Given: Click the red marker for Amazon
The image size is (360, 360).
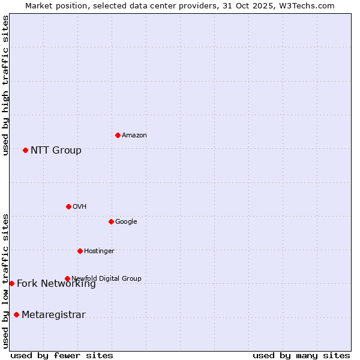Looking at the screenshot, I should [x=118, y=135].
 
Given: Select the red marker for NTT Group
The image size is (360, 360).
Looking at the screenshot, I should [x=25, y=150].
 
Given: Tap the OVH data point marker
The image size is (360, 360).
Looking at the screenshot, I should [x=68, y=206].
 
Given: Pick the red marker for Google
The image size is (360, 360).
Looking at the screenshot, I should [x=111, y=221].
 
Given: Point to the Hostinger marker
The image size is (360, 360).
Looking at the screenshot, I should [x=80, y=251].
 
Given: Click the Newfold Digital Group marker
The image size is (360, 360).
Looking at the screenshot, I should [x=67, y=278].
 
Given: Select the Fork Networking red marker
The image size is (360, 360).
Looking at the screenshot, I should [x=11, y=283].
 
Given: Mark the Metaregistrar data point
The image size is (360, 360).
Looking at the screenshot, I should [x=16, y=314].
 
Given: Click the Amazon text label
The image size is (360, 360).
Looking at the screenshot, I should [x=134, y=136].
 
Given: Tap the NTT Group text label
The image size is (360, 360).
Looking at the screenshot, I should [x=56, y=151].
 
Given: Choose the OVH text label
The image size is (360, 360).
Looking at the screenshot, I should [x=80, y=207].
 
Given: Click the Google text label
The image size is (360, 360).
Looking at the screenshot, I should [x=126, y=222].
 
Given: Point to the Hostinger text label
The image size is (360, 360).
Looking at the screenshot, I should [x=99, y=251].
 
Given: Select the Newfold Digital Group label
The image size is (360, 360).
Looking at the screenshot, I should [x=106, y=278].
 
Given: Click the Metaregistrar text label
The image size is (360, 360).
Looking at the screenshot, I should [x=53, y=315].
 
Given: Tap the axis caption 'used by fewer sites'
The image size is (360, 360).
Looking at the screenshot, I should [x=62, y=355].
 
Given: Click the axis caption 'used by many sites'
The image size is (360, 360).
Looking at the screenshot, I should [x=301, y=355].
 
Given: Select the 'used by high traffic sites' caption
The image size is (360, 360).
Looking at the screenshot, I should [x=5, y=85].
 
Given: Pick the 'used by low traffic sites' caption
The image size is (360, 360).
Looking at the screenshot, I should [x=5, y=280].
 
